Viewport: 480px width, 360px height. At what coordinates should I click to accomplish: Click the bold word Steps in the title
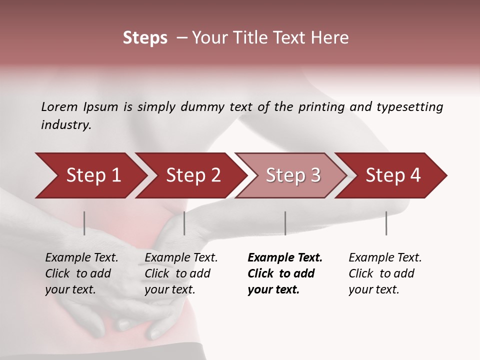(145, 38)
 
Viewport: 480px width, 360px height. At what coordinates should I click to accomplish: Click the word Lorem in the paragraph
(59, 106)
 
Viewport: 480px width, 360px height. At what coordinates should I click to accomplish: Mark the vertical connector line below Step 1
(84, 223)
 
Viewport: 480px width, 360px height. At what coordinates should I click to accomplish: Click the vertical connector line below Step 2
(184, 223)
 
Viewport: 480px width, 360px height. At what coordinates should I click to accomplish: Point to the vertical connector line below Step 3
(285, 223)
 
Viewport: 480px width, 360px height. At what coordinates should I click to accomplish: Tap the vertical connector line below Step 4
(386, 223)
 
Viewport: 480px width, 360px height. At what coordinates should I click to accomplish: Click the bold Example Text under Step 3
(285, 258)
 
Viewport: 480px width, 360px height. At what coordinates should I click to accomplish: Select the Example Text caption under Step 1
(81, 258)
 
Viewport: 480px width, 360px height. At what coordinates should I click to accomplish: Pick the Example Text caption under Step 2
(181, 258)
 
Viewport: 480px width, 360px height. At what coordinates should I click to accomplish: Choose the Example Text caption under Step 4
(385, 258)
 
